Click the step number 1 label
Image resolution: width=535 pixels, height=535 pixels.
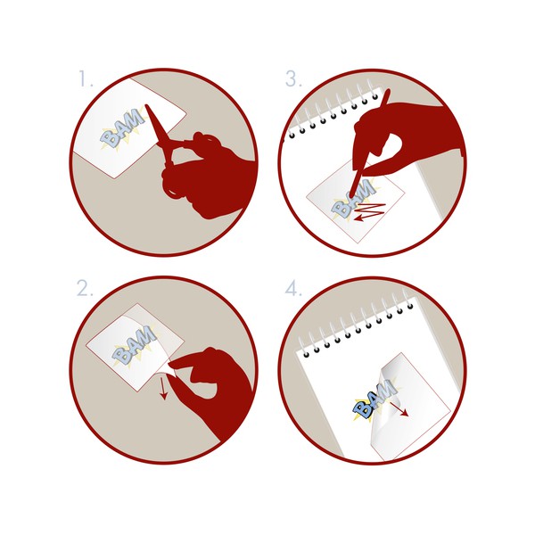coord(86,78)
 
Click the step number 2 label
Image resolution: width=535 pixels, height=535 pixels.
coord(85,288)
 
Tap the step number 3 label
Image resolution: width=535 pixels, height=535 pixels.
coord(293,78)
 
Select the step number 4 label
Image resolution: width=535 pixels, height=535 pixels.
coord(293,289)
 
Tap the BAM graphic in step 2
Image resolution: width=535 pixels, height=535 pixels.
coord(135,345)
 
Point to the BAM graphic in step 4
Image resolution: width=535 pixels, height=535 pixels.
coord(374,399)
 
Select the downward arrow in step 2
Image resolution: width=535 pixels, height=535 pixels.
coord(163,387)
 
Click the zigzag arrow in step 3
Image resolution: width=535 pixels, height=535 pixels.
coord(369,211)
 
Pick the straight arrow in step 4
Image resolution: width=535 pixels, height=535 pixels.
coord(399,408)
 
